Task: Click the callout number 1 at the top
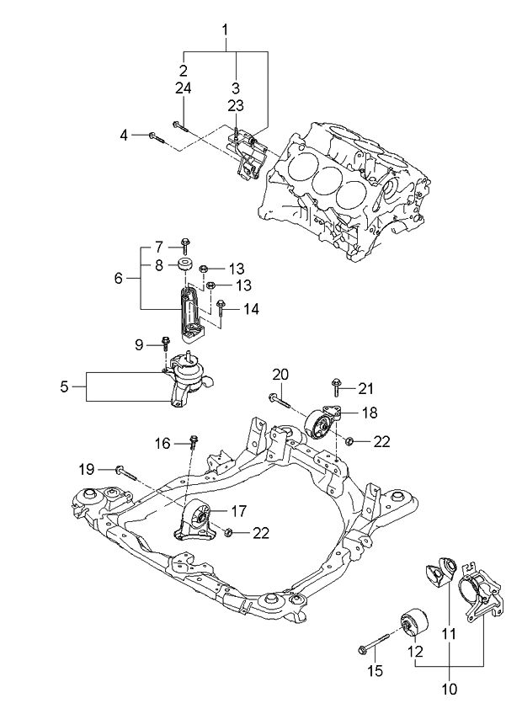pyautogui.click(x=225, y=31)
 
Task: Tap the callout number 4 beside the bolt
pyautogui.click(x=124, y=135)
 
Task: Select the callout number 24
pyautogui.click(x=183, y=87)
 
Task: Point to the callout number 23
pyautogui.click(x=235, y=105)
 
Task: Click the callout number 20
pyautogui.click(x=280, y=374)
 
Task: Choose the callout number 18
pyautogui.click(x=369, y=413)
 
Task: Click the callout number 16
pyautogui.click(x=162, y=443)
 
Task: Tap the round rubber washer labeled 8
pyautogui.click(x=184, y=265)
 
